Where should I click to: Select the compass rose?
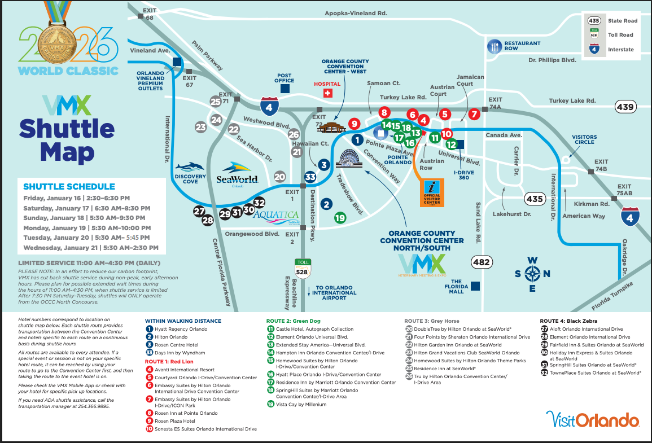[x=532, y=274]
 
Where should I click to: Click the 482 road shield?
[x=482, y=262]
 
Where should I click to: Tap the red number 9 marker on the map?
[x=354, y=124]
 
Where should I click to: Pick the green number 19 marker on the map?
[x=340, y=217]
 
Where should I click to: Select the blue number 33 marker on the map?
[x=310, y=177]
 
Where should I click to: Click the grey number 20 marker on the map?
[x=279, y=177]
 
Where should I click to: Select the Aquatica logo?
[x=276, y=216]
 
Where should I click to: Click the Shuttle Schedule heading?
[x=69, y=187]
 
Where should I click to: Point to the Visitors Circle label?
[x=584, y=139]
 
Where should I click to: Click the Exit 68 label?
[x=150, y=14]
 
